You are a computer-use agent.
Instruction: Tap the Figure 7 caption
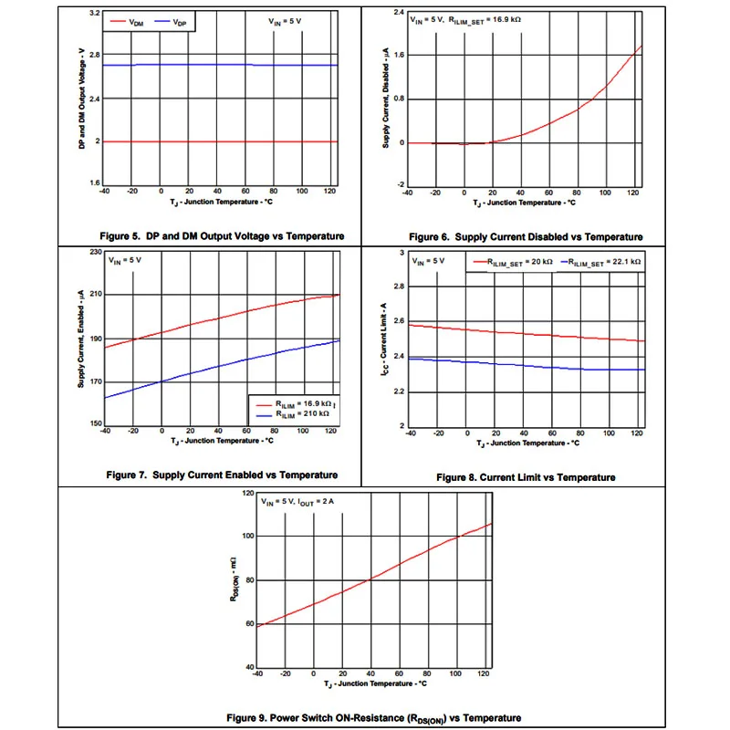point(222,474)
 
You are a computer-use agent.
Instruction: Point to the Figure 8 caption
point(526,477)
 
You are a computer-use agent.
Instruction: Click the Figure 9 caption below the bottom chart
point(364,716)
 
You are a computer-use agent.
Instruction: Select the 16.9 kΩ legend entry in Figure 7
point(289,403)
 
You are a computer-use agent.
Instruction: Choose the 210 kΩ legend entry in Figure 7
point(289,413)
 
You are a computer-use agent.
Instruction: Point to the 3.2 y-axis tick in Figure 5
point(95,14)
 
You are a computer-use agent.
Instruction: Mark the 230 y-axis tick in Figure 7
point(94,251)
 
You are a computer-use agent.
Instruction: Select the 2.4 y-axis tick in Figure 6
point(399,13)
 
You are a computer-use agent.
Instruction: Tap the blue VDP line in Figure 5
point(219,65)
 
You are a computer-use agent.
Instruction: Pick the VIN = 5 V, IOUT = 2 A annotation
point(299,502)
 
